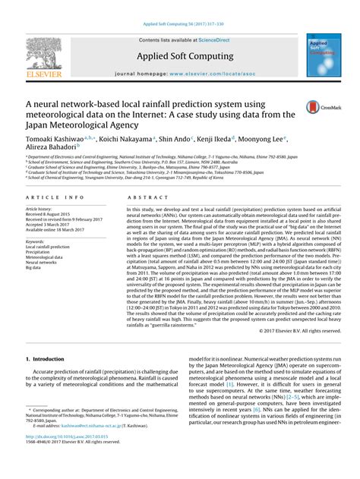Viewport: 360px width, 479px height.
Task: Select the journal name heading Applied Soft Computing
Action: click(179, 55)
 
